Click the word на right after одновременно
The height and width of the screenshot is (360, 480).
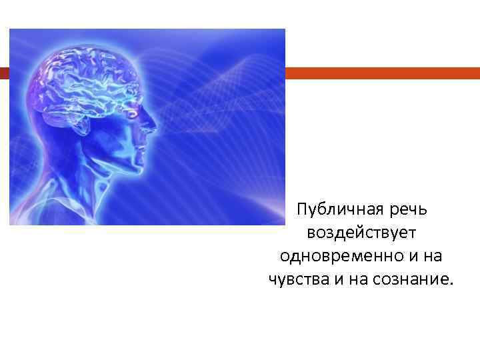431,257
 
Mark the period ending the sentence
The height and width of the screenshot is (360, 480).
450,283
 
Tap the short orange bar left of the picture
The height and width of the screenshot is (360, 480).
4,73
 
